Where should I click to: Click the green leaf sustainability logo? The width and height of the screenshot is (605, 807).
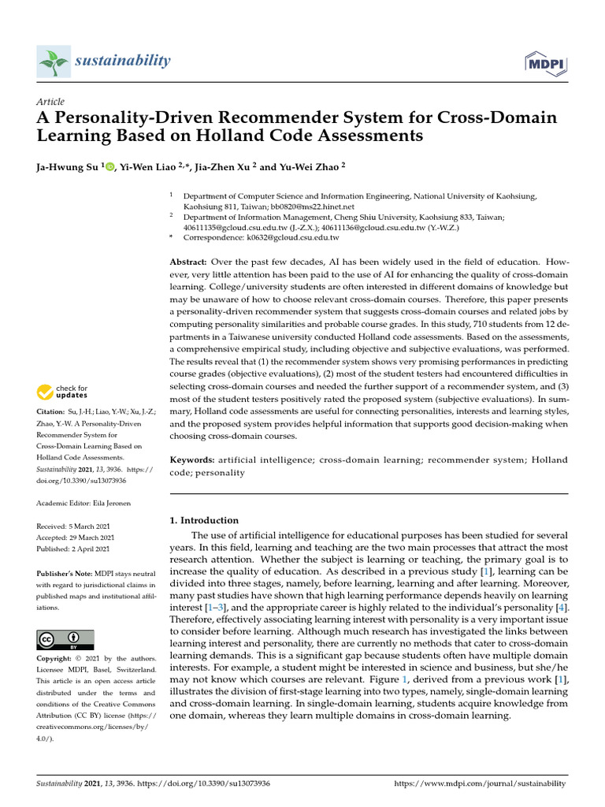[x=54, y=61]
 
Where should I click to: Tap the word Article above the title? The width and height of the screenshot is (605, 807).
[x=50, y=102]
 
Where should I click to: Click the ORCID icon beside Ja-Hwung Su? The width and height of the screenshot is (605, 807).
[x=109, y=167]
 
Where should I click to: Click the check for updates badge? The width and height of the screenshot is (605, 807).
[x=63, y=392]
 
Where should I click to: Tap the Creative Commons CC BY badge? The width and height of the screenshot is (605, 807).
[x=65, y=640]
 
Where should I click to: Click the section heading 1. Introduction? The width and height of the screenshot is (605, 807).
[x=205, y=520]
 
